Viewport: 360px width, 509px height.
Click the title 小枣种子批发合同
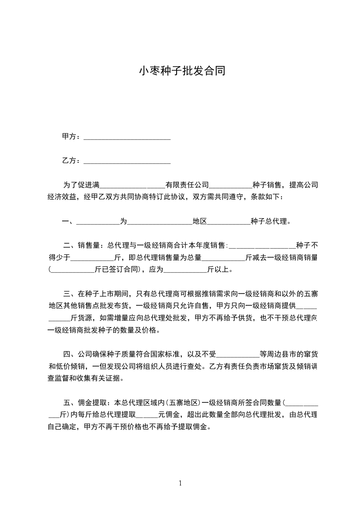[182, 71]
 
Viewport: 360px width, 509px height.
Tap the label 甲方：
[72, 136]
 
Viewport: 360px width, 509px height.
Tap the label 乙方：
[72, 161]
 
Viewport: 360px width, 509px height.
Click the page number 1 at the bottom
[180, 483]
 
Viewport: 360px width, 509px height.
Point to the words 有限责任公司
[187, 185]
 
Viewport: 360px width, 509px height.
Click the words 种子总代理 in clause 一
[268, 221]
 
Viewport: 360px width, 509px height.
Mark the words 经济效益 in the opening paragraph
[62, 197]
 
